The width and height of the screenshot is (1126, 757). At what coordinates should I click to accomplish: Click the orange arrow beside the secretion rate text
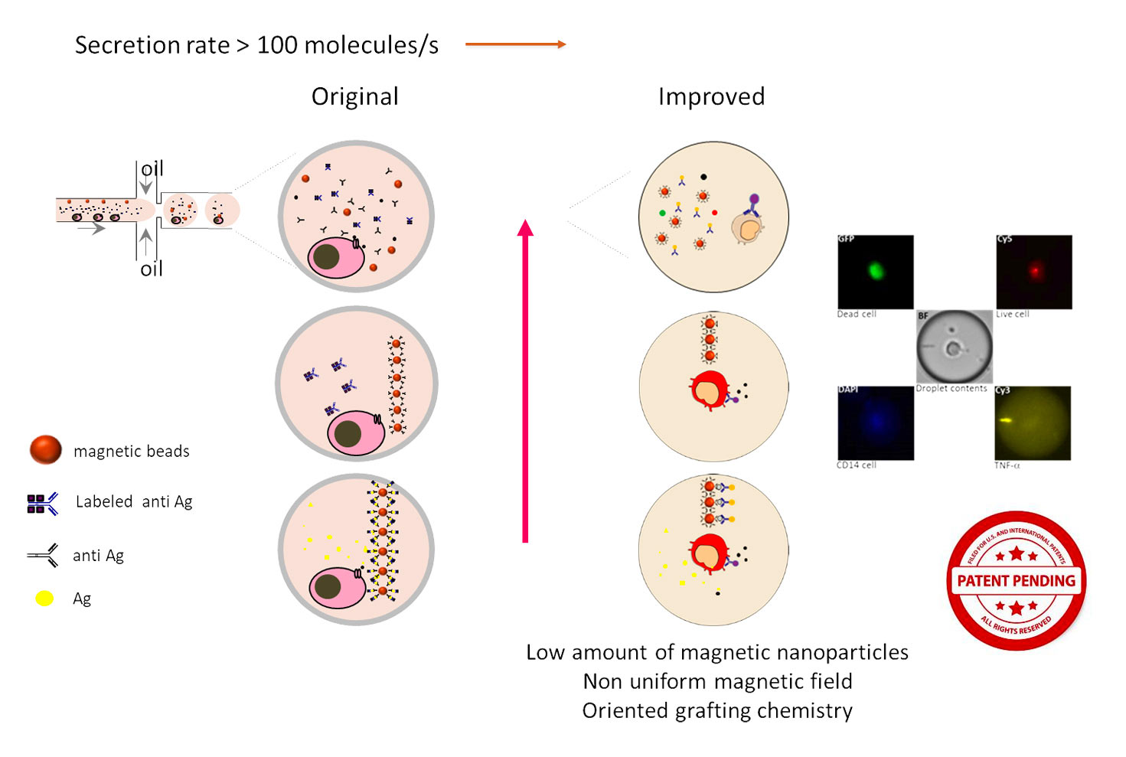pos(515,44)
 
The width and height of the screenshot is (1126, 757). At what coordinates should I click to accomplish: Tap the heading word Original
pos(354,96)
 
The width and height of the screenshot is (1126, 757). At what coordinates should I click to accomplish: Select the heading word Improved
pos(711,96)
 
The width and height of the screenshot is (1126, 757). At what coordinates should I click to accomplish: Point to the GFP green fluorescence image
pos(875,271)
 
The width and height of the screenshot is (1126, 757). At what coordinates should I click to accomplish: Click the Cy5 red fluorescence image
pos(1033,271)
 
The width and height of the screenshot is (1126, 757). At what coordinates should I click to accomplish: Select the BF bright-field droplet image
pos(954,347)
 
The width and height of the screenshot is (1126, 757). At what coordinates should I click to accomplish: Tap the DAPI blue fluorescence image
pos(875,423)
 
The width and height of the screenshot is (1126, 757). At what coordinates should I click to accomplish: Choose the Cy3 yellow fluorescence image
pos(1033,423)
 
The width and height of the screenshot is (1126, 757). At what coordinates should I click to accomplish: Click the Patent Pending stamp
pos(1016,580)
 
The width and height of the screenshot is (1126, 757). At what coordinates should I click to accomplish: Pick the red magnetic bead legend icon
pos(45,450)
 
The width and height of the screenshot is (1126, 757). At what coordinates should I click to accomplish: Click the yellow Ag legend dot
pos(44,599)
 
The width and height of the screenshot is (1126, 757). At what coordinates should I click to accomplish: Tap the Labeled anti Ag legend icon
pos(42,503)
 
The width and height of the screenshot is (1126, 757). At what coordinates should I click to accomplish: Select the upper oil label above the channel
pos(152,168)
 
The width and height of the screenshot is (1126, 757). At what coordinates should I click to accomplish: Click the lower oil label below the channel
pos(152,269)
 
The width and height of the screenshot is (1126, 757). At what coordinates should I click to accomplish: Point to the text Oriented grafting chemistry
pos(717,710)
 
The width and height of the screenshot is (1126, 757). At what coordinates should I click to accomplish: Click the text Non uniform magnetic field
pos(717,681)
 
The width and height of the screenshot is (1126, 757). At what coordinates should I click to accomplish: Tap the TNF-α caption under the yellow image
pos(1007,465)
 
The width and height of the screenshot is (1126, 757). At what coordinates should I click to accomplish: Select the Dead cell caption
pos(857,314)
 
